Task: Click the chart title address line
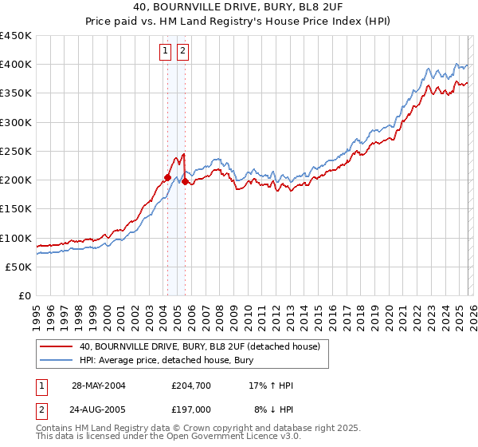click(x=239, y=7)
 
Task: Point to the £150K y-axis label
click(x=16, y=209)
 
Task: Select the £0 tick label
click(x=25, y=296)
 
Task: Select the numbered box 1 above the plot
click(x=166, y=52)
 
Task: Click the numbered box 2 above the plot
click(x=183, y=52)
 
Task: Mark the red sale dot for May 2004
click(x=167, y=177)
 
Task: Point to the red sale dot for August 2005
click(x=185, y=182)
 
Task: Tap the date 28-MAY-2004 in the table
click(x=99, y=386)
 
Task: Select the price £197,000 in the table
click(x=190, y=409)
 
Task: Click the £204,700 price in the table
click(x=190, y=386)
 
